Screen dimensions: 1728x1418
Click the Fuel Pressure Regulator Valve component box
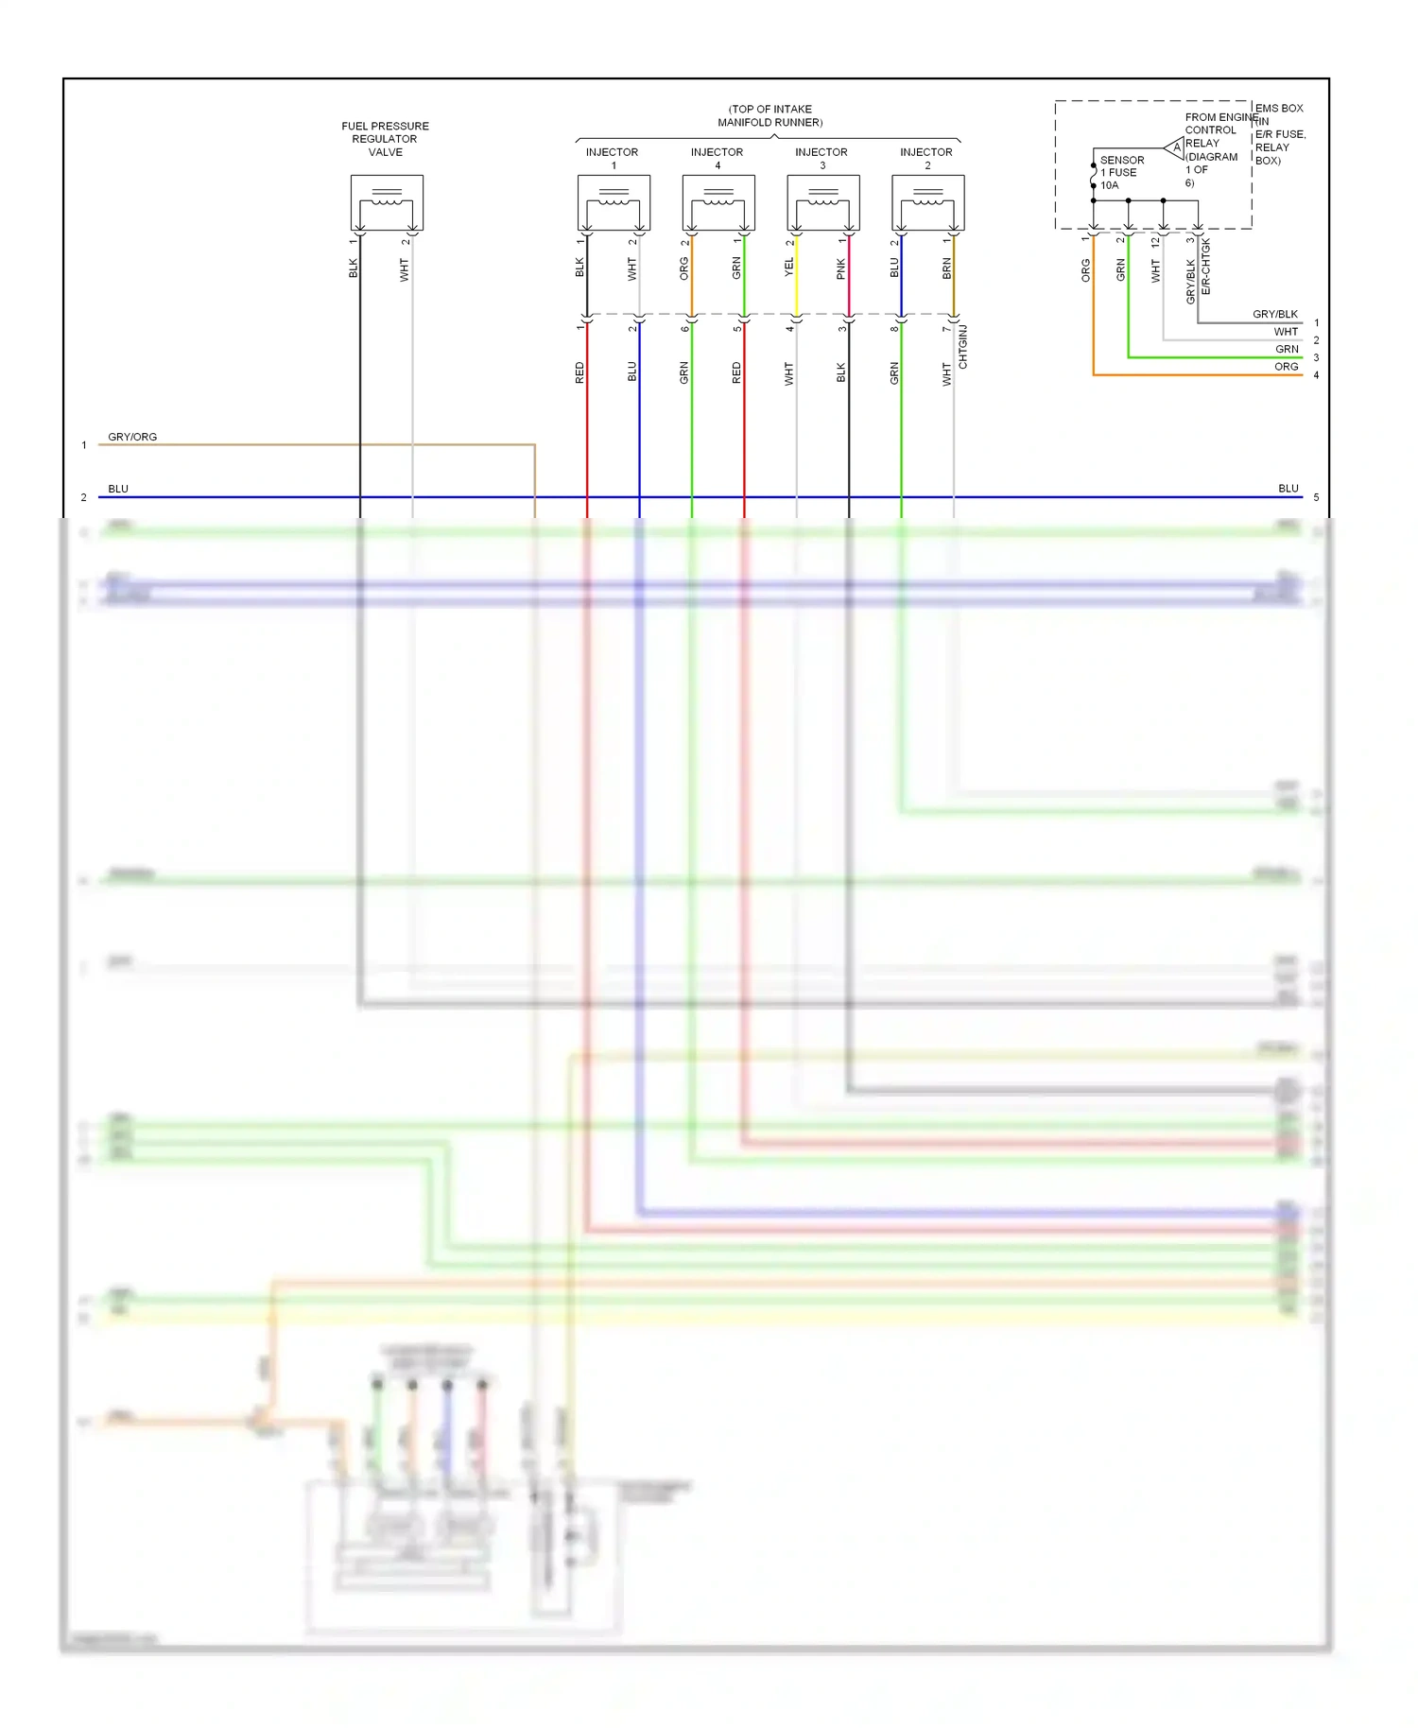[387, 202]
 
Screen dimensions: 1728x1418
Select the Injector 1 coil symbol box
[614, 202]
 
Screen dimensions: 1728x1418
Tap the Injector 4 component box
[718, 202]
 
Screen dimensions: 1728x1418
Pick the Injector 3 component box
[823, 202]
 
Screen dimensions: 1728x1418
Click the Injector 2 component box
[928, 202]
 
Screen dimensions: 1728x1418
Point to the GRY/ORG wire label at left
[132, 437]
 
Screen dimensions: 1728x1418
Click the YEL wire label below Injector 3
[789, 268]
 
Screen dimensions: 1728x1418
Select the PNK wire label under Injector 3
[841, 270]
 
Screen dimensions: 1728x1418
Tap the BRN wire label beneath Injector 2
[946, 269]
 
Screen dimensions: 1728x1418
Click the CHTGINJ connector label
[963, 347]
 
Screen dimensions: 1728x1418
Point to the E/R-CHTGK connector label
[1206, 267]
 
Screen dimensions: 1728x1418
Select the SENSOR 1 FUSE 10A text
[1121, 173]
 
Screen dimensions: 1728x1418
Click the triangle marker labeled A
[1175, 147]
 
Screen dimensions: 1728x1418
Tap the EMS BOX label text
[1279, 109]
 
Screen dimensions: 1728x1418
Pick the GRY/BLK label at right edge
[1274, 314]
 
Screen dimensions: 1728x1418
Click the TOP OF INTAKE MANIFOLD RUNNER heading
[770, 115]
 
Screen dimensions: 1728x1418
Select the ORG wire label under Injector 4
[684, 268]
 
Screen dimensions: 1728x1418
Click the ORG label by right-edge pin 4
[1286, 367]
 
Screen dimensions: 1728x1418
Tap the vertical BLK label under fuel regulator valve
[354, 268]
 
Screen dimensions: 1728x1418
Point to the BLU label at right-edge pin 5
[1288, 489]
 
